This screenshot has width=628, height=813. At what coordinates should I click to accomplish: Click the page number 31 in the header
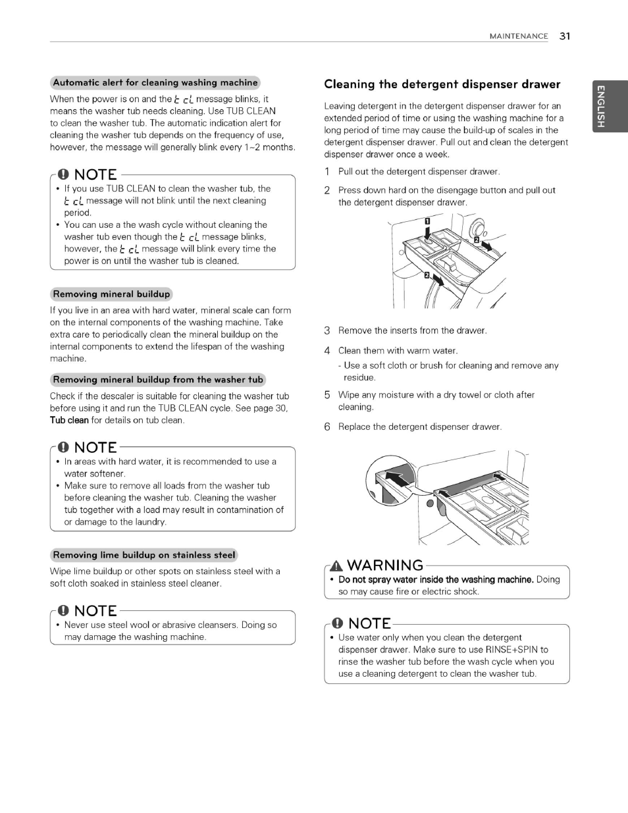[565, 36]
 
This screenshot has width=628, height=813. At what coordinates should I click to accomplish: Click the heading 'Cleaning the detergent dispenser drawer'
[442, 84]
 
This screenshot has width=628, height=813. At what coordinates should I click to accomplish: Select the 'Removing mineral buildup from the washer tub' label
[158, 380]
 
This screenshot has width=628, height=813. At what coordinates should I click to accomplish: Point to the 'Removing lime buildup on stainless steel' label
[144, 555]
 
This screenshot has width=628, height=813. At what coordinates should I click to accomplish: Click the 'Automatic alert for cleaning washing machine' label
[155, 83]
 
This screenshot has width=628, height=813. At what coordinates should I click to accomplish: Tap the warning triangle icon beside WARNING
[336, 565]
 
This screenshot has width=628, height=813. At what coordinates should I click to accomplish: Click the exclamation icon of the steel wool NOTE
[63, 611]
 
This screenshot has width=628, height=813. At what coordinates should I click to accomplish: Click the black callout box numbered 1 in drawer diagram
[427, 221]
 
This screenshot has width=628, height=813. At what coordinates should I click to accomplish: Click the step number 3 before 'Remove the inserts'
[327, 330]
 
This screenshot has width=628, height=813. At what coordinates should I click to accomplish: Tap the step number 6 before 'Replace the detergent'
[327, 427]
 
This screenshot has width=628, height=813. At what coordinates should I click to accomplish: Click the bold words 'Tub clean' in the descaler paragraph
[69, 420]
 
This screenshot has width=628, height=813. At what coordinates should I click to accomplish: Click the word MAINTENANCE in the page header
[518, 37]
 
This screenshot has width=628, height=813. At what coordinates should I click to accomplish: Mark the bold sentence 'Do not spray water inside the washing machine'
[435, 580]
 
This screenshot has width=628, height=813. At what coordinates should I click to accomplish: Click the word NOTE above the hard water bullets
[95, 448]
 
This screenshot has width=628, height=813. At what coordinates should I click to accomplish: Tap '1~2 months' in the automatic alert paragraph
[270, 147]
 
